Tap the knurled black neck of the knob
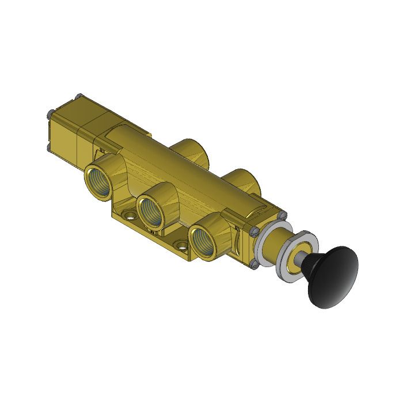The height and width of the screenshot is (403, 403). pyautogui.click(x=314, y=265)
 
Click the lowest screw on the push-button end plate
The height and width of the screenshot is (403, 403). pyautogui.click(x=254, y=264)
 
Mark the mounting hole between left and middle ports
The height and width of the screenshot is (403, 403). pyautogui.click(x=129, y=218)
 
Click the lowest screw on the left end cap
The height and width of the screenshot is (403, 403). pyautogui.click(x=50, y=148)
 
